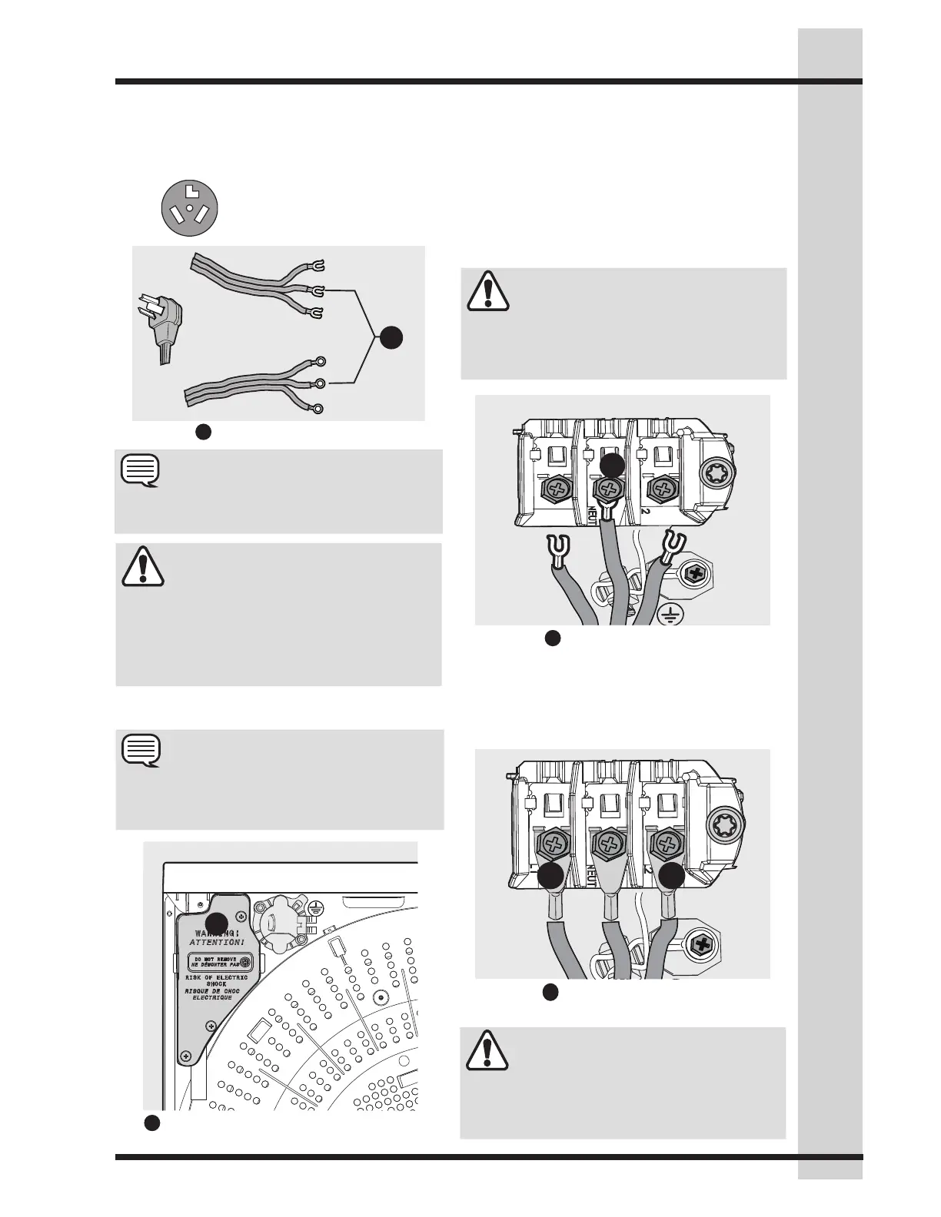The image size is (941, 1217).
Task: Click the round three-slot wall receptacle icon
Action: tap(189, 208)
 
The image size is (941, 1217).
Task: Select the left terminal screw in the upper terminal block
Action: tap(554, 489)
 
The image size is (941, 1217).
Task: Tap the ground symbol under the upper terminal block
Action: tap(669, 612)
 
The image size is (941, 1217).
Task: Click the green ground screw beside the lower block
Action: tap(700, 943)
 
